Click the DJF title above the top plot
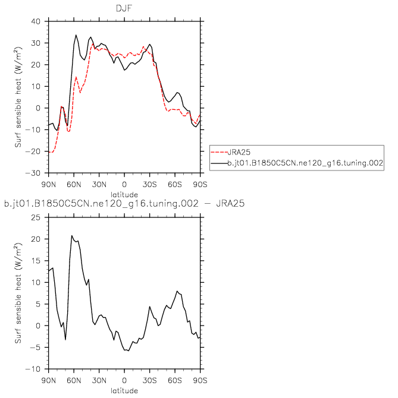[x=124, y=8]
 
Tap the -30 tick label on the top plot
[x=36, y=173]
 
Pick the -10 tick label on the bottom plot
[x=36, y=369]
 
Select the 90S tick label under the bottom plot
[x=199, y=378]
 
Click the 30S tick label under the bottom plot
[x=149, y=378]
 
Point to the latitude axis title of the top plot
[x=124, y=194]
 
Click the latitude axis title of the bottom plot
[x=124, y=390]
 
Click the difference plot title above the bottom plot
[x=124, y=204]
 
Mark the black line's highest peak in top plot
[x=76, y=35]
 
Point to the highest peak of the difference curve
[x=72, y=236]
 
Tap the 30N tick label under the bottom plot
[x=99, y=378]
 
